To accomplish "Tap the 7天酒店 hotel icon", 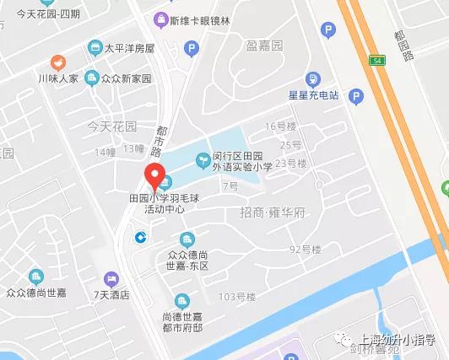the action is [x=111, y=278].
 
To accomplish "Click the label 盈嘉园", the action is [x=264, y=45].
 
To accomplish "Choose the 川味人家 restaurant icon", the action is [x=57, y=62].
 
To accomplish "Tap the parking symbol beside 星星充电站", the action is [x=357, y=95].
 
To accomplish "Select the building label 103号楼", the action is [x=237, y=297].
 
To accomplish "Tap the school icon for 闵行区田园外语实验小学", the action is [x=203, y=158].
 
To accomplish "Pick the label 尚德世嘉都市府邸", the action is [x=182, y=321].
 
